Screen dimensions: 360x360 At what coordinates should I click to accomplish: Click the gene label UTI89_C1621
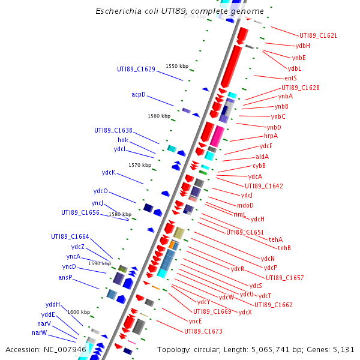[318, 35]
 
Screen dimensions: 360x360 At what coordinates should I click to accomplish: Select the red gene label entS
[291, 78]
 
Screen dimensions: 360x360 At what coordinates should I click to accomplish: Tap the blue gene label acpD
[139, 95]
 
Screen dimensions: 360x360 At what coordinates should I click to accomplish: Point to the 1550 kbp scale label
[177, 66]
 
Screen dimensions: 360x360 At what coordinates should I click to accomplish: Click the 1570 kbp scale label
[140, 165]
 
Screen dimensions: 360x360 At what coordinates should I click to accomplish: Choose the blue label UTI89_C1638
[113, 130]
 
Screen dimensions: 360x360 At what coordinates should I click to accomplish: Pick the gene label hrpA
[271, 136]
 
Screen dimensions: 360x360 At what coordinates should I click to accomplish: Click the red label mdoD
[245, 205]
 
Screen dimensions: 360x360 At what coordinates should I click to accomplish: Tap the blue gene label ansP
[65, 277]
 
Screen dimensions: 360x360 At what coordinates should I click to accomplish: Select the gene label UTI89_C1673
[203, 331]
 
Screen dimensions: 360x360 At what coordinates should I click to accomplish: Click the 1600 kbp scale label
[79, 312]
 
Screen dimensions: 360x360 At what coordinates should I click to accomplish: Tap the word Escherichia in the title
[118, 11]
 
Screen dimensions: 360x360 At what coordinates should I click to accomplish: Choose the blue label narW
[40, 332]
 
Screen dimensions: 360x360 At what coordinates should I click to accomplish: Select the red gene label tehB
[284, 248]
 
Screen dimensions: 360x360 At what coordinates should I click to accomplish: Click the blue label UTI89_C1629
[136, 69]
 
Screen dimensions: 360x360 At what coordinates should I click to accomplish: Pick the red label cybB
[259, 166]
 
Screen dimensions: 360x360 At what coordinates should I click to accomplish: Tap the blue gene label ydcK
[109, 173]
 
